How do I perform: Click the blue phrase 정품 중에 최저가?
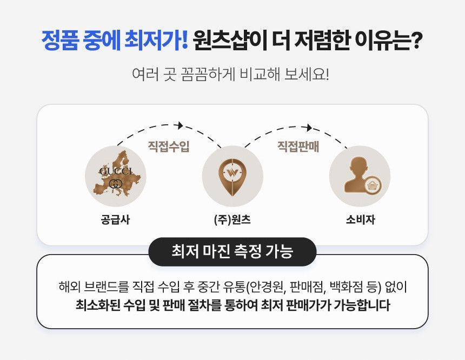point(115,40)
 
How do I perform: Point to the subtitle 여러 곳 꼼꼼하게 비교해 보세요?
point(230,74)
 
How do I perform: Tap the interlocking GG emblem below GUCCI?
point(116,184)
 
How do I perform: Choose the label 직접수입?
point(169,146)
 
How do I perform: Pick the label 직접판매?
point(298,146)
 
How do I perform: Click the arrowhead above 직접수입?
point(180,125)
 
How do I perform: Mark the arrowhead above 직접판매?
point(309,128)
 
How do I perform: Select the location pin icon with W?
point(232,177)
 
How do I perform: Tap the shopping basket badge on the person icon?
point(372,185)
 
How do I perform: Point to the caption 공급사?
point(115,220)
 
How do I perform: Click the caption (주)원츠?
point(232,220)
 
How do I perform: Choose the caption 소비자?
point(360,220)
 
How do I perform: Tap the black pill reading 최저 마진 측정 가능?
point(232,251)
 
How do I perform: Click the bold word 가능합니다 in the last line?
point(362,305)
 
